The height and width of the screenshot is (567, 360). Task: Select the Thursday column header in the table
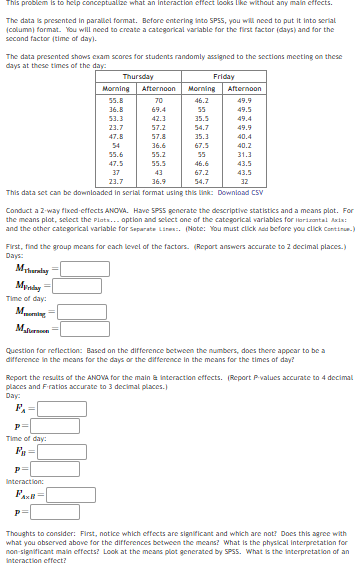(136, 76)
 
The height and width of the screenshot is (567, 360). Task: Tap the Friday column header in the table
(225, 76)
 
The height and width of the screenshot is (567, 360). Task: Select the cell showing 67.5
(201, 145)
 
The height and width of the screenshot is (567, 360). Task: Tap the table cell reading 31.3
(245, 154)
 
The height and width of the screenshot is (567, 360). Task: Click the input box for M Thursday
(76, 268)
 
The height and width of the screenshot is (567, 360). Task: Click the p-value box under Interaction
(45, 511)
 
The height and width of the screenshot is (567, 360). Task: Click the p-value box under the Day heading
(45, 424)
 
